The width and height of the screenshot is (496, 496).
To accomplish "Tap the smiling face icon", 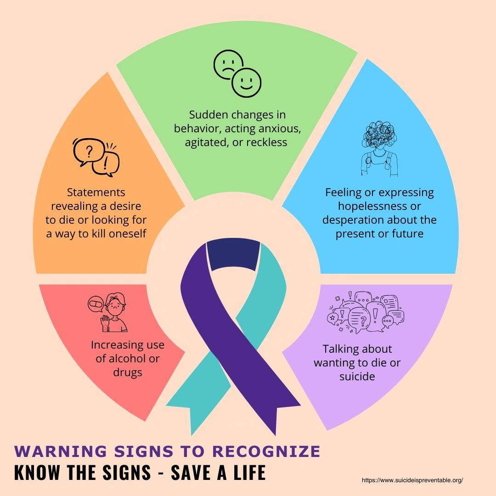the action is [x=247, y=83].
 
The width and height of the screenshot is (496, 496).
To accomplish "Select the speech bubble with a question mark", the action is [x=88, y=152].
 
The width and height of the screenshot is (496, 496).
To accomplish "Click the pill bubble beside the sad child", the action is [x=96, y=304].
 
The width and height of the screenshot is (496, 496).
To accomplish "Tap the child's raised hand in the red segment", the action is [x=105, y=323].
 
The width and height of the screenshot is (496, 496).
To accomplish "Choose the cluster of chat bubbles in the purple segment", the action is [x=366, y=312].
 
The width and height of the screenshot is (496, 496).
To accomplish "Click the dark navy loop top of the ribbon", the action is [x=233, y=254].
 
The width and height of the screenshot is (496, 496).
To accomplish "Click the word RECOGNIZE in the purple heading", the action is [x=266, y=451].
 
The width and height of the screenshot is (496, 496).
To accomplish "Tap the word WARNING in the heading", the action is [x=61, y=451].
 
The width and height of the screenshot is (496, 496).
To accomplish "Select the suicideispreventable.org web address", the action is [x=412, y=480].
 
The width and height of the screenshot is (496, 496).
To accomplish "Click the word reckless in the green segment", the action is [x=267, y=142].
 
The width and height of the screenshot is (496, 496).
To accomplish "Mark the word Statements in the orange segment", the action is [x=96, y=192].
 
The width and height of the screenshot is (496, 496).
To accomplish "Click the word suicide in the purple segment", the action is [x=357, y=376].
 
